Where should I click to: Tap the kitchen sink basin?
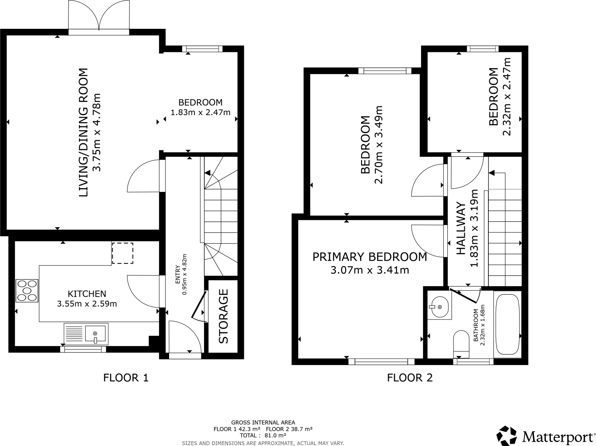95,333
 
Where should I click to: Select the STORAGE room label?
223,316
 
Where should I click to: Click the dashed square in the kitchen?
123,253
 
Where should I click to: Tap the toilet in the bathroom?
461,343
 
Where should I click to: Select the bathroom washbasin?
439,307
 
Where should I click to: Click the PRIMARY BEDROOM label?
370,257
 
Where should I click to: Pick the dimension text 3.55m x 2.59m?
87,304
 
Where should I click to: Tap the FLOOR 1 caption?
126,378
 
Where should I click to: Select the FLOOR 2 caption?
410,378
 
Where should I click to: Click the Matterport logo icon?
507,436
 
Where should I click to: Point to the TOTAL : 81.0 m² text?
263,435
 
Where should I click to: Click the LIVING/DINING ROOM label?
84,132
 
